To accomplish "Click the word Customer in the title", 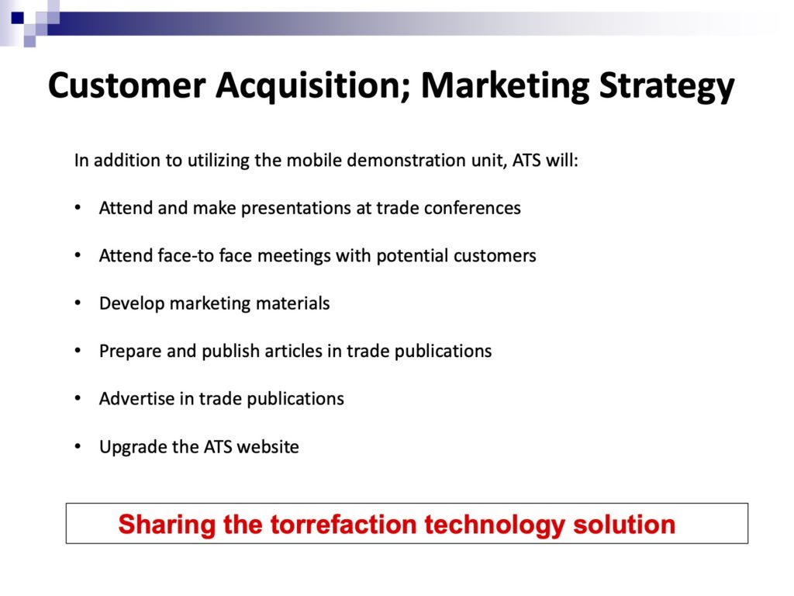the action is (x=126, y=85).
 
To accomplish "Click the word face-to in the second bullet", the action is (x=185, y=255).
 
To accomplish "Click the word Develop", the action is (x=132, y=303).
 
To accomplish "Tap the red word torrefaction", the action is (x=343, y=524).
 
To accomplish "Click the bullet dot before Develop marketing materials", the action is (x=78, y=303).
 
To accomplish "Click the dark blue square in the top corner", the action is (x=18, y=19).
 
